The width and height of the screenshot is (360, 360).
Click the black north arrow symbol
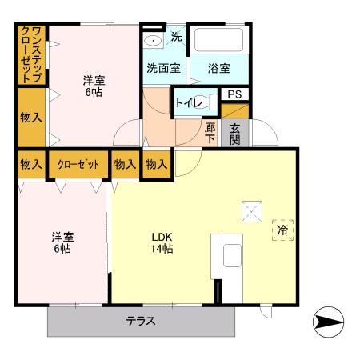tap(328, 322)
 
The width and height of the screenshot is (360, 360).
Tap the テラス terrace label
tap(140, 322)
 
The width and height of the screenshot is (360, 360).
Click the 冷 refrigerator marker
tap(282, 230)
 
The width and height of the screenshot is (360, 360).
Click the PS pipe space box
tap(234, 94)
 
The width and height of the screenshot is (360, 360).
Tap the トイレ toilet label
tap(189, 102)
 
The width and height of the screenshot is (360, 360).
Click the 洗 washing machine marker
tap(176, 37)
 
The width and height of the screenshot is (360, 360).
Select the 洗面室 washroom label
tap(162, 68)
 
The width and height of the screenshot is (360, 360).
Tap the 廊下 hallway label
tap(210, 132)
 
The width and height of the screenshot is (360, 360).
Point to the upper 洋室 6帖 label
tap(94, 86)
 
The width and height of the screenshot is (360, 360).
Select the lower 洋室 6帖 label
tap(62, 242)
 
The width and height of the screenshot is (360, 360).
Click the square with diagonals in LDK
tap(250, 212)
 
